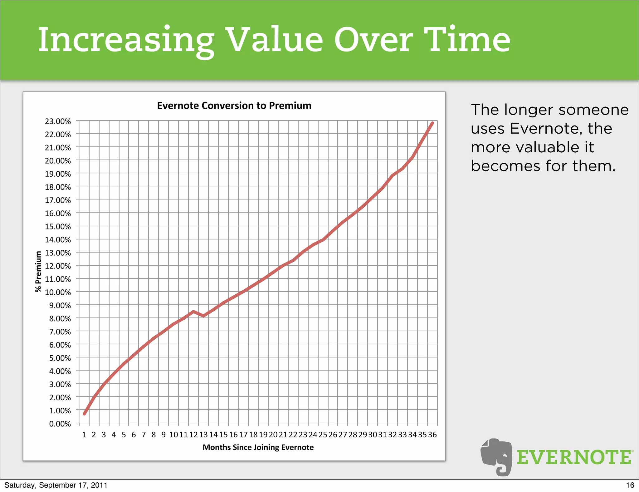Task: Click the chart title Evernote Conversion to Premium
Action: pyautogui.click(x=234, y=106)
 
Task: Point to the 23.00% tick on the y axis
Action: pyautogui.click(x=58, y=121)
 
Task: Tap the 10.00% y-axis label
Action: pyautogui.click(x=58, y=292)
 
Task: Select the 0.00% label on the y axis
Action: pyautogui.click(x=60, y=424)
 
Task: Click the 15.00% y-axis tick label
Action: pyautogui.click(x=58, y=226)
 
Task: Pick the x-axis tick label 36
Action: pyautogui.click(x=432, y=435)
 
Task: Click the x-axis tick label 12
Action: pyautogui.click(x=193, y=435)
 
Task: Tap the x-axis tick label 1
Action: pyautogui.click(x=84, y=435)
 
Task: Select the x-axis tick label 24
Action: pyautogui.click(x=313, y=435)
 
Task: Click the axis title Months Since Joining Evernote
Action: pyautogui.click(x=258, y=447)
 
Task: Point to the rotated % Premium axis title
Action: pyautogui.click(x=38, y=272)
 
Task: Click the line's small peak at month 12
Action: pyautogui.click(x=193, y=311)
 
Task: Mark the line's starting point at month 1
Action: pyautogui.click(x=84, y=414)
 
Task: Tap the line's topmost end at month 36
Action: pyautogui.click(x=432, y=123)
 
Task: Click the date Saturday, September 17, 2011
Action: pyautogui.click(x=56, y=485)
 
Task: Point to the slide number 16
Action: pyautogui.click(x=630, y=485)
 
